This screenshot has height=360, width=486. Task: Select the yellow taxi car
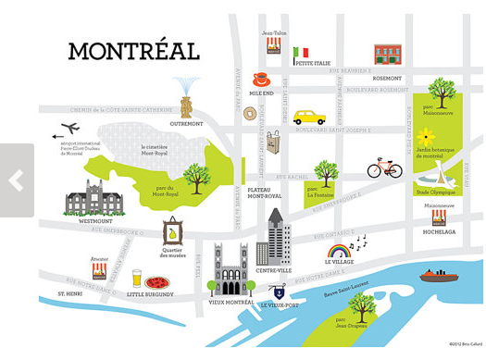309,118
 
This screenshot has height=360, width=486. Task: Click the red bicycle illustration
384,168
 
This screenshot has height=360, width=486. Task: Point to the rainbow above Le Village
338,250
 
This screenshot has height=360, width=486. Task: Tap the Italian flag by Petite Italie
300,54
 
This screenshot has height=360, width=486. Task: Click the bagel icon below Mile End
250,114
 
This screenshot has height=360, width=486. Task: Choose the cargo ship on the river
439,275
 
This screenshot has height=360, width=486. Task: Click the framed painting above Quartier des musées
172,231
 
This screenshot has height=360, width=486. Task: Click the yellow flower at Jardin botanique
426,136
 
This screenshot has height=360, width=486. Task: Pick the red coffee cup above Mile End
262,80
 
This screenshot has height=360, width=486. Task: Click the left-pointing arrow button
16,180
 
